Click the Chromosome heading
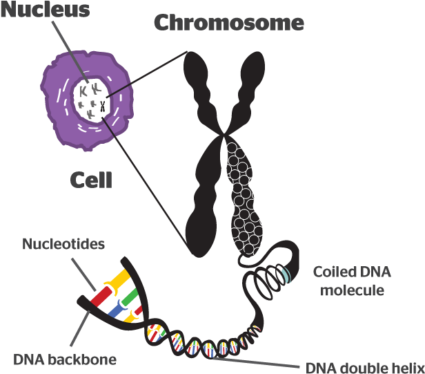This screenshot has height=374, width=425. (x=228, y=23)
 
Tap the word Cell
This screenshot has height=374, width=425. (x=91, y=180)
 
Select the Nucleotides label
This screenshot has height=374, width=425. (x=63, y=244)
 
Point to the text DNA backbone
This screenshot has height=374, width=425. (x=65, y=359)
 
